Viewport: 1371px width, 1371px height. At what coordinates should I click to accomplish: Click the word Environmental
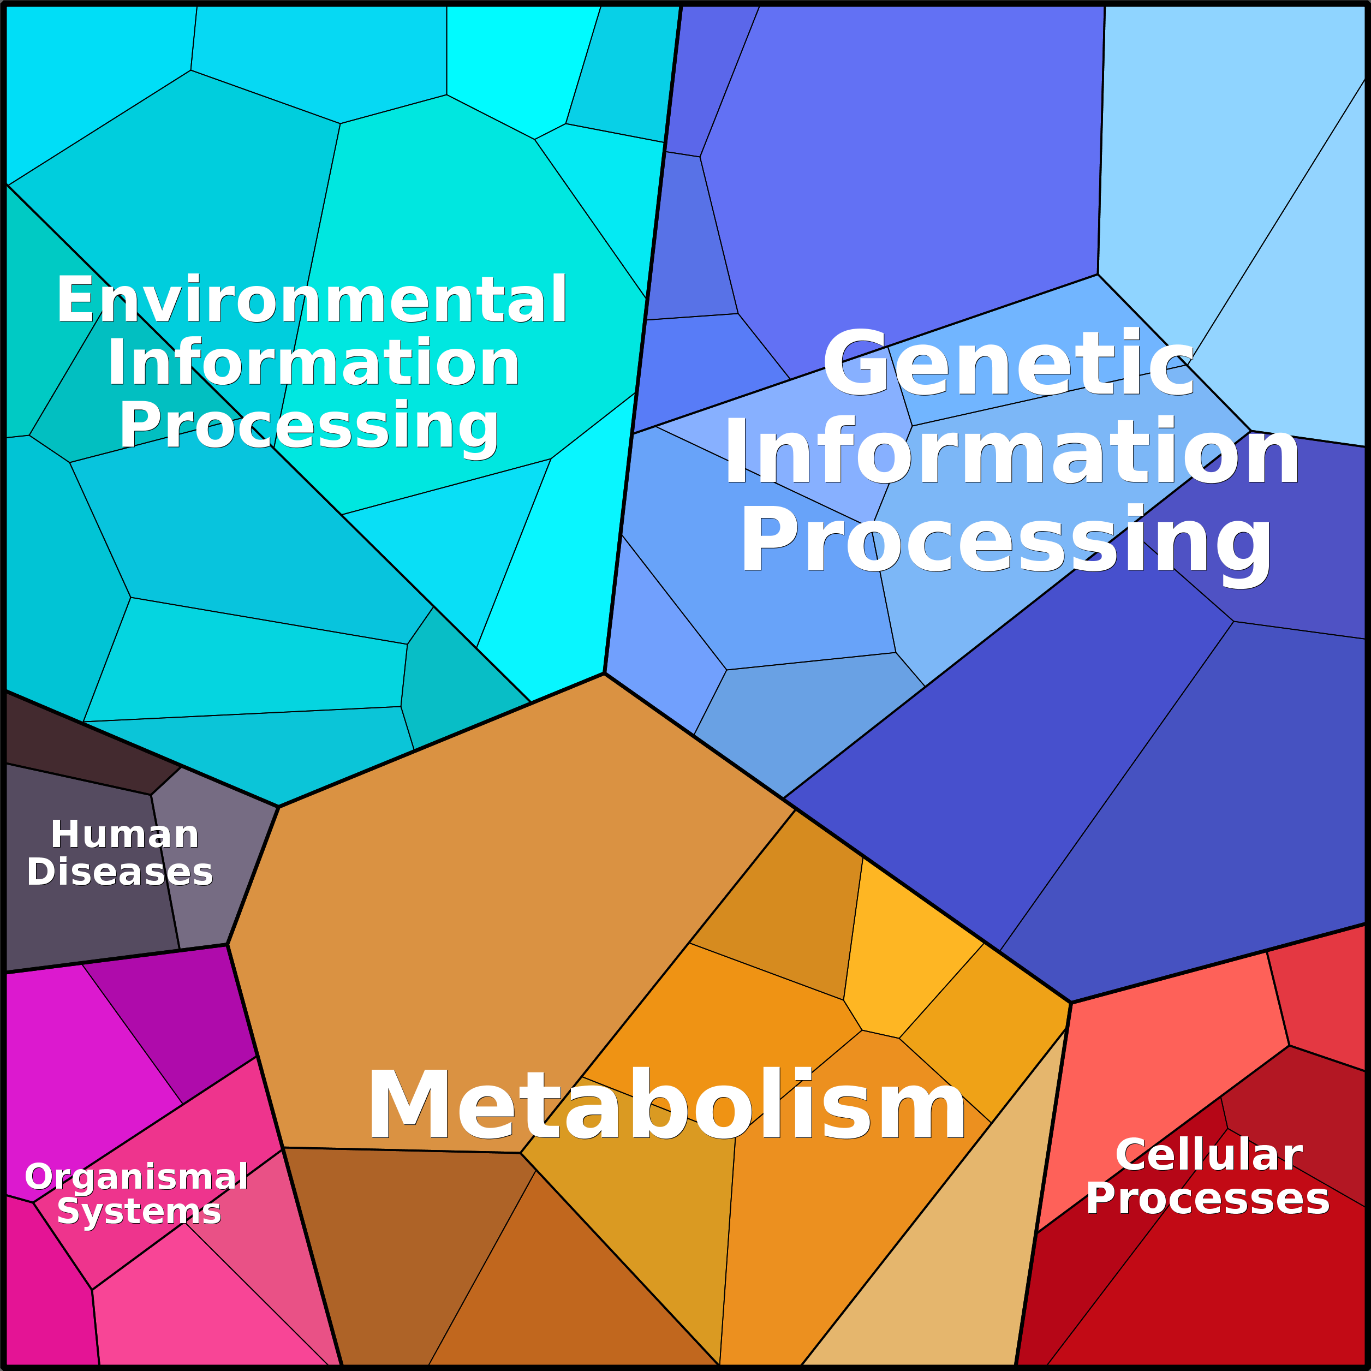312,300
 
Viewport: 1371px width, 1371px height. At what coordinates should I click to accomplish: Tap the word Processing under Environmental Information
309,426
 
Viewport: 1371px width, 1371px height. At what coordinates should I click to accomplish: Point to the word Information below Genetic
1012,451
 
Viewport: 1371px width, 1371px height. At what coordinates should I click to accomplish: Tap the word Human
125,834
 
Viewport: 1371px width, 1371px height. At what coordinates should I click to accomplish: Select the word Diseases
120,872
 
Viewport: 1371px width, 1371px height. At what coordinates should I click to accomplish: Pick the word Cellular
1208,1154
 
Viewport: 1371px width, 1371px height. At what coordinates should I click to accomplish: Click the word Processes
1208,1199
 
